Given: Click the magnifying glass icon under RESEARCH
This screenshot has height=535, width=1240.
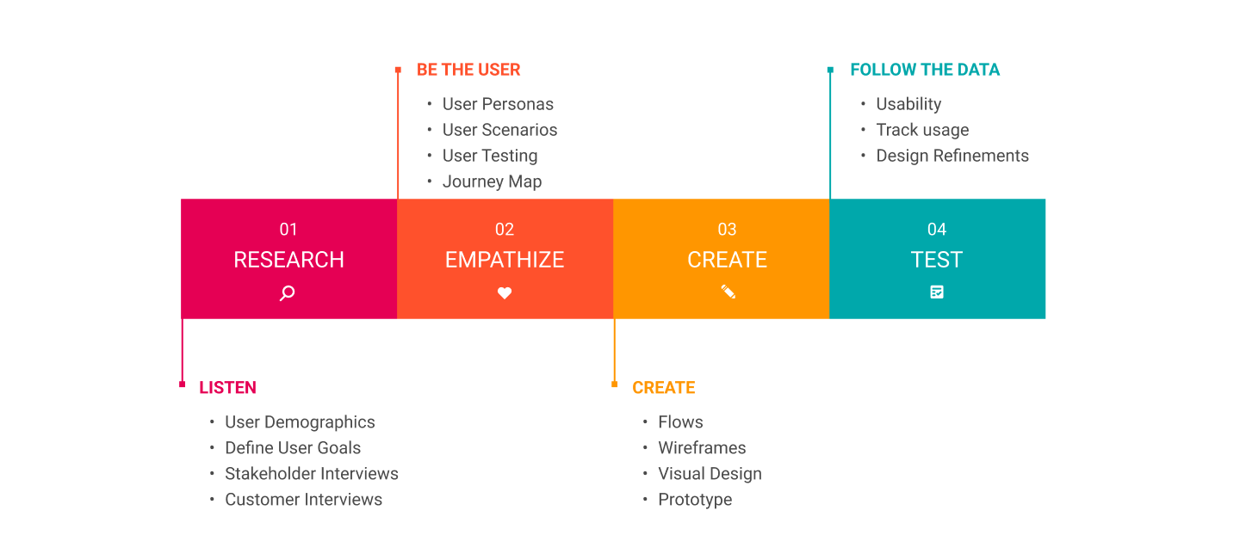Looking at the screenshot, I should coord(288,293).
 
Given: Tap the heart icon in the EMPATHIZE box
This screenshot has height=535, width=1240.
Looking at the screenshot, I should coord(505,293).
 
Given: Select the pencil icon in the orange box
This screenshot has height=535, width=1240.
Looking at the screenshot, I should coord(728,292).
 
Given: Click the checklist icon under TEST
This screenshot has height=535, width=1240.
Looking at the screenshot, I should coord(937,292).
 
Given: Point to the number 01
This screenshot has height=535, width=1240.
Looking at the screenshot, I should coord(288,230).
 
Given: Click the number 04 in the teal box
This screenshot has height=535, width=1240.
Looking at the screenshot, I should coord(937,230).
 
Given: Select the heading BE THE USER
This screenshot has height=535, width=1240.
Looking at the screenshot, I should coord(468,70).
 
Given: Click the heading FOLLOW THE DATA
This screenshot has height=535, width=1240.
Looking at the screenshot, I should coord(925,70).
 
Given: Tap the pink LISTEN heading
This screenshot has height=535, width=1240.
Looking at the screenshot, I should coord(227,388).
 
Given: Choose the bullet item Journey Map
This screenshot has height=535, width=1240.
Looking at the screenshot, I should coord(492,181).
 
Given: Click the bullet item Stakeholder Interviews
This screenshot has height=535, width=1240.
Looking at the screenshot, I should coord(311,474).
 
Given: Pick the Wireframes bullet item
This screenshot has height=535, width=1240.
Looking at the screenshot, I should coord(702,448).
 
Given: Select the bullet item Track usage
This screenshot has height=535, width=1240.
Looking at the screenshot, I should coord(922,130).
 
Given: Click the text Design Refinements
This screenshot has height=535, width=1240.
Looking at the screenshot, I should coord(952,156).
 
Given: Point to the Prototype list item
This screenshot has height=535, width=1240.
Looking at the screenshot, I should coord(695,500).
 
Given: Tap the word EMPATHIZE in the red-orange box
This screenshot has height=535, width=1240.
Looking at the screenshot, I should coord(505,260).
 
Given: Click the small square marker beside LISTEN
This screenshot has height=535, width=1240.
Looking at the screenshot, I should coord(182,384).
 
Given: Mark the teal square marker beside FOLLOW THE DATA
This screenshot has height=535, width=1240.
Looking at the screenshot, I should coord(830,70).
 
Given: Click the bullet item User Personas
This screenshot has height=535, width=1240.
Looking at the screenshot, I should coord(498,104).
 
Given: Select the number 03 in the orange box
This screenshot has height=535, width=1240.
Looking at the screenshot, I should coord(728,230).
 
